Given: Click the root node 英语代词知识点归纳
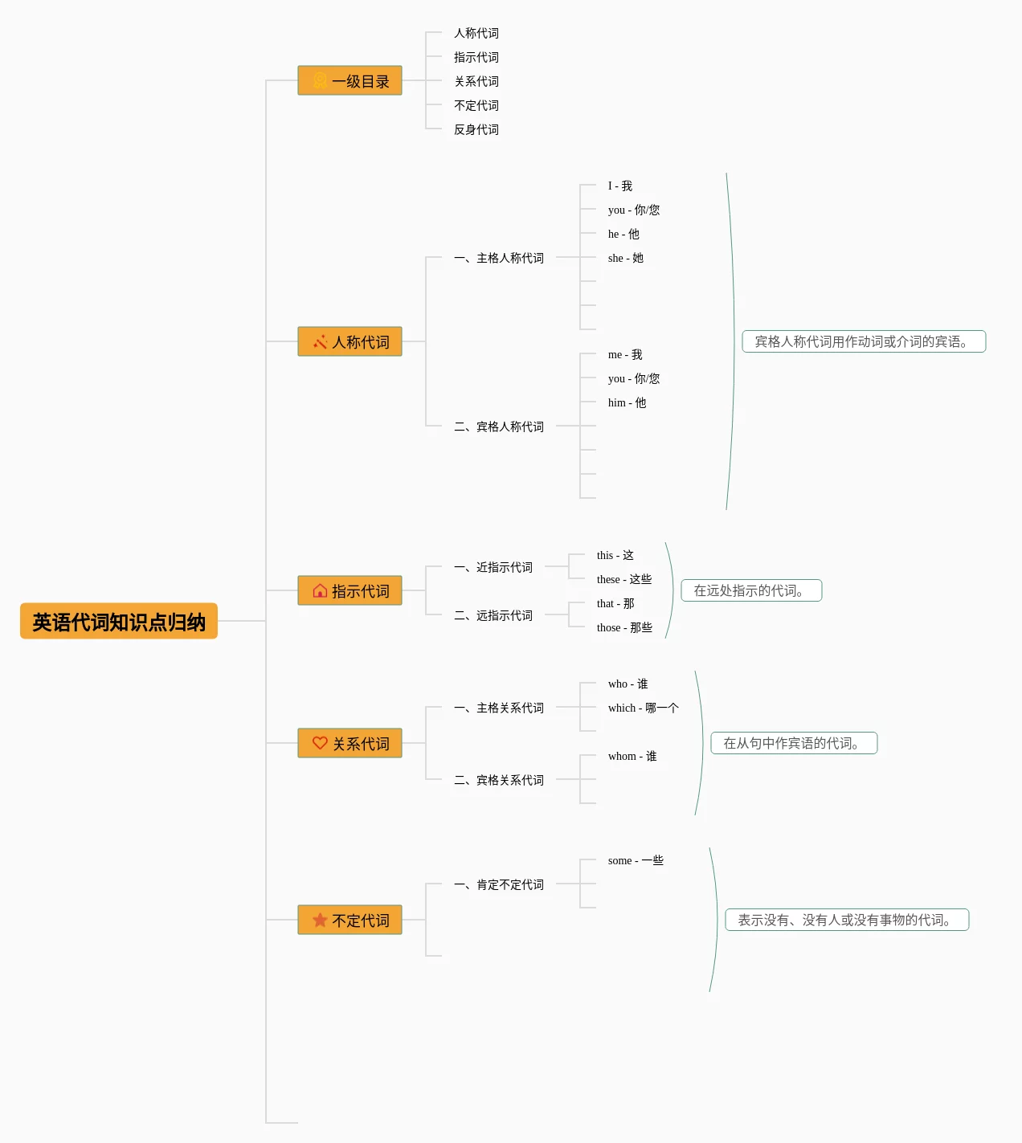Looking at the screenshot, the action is (x=118, y=621).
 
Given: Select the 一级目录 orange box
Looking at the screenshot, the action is (x=350, y=80).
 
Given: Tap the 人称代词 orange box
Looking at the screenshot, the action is (x=350, y=341).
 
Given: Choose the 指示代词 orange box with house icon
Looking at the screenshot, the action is (x=350, y=590).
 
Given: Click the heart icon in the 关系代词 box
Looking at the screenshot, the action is (x=320, y=743).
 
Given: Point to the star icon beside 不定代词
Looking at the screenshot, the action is (x=320, y=921).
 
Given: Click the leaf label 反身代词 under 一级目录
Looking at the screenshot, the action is (x=476, y=130).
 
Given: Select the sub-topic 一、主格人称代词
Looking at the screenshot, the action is (x=499, y=258).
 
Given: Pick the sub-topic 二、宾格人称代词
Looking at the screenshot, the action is (x=499, y=427).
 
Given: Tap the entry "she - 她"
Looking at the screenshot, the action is (x=626, y=258).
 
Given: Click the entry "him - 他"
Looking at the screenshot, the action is (x=627, y=402).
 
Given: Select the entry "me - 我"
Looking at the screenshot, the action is (x=625, y=354).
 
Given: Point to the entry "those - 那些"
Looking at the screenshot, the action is (x=625, y=627).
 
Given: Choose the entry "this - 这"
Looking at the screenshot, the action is (x=615, y=555).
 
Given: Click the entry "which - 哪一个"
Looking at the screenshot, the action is (x=644, y=708).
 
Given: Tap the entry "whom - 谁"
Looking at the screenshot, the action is (x=632, y=756).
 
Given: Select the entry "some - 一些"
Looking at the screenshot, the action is (x=636, y=860).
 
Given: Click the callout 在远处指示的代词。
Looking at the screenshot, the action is (x=752, y=590).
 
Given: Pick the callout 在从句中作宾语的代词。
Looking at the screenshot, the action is (x=794, y=743).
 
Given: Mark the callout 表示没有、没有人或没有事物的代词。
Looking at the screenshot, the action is (x=847, y=921).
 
